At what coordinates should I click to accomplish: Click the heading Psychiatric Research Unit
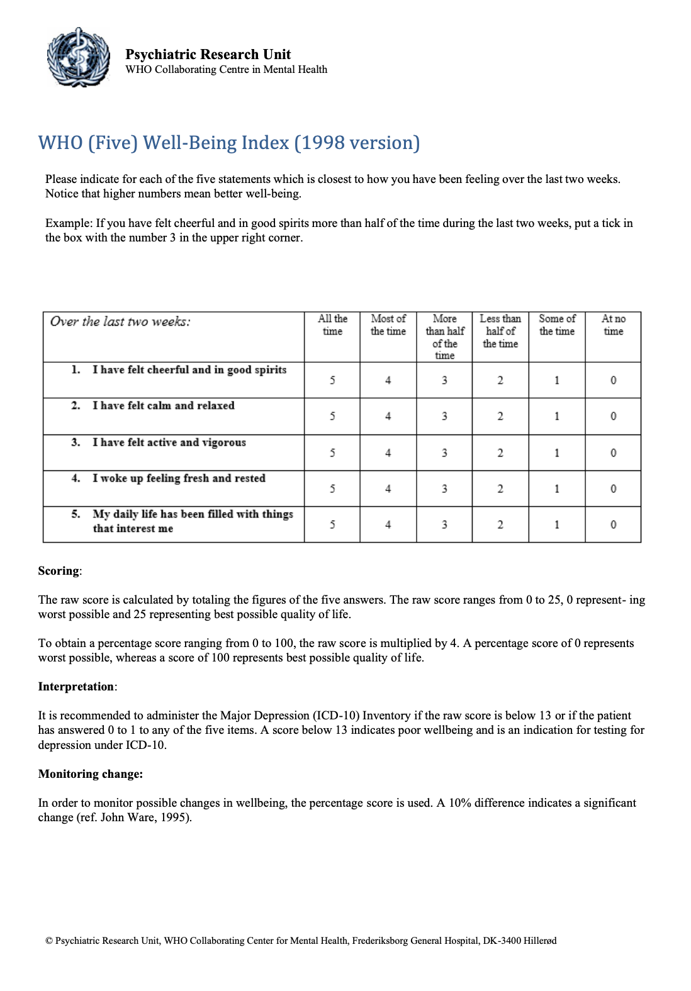pyautogui.click(x=208, y=54)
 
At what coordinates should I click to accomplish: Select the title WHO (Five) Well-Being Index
pyautogui.click(x=228, y=143)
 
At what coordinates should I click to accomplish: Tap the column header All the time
pyautogui.click(x=332, y=325)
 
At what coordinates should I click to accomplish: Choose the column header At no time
pyautogui.click(x=613, y=325)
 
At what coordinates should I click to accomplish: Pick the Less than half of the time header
pyautogui.click(x=500, y=331)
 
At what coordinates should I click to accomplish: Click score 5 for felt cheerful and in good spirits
pyautogui.click(x=332, y=380)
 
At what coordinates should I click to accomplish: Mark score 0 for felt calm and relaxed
pyautogui.click(x=613, y=416)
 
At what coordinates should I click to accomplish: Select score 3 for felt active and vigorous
pyautogui.click(x=444, y=453)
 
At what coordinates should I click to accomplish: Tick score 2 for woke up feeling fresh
pyautogui.click(x=500, y=489)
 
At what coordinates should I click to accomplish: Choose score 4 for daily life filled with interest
pyautogui.click(x=388, y=524)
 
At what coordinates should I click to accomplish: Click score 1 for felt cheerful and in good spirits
pyautogui.click(x=557, y=380)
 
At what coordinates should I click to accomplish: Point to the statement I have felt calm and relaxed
pyautogui.click(x=164, y=406)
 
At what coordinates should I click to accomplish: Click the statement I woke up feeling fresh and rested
pyautogui.click(x=179, y=479)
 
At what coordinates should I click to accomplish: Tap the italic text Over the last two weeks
pyautogui.click(x=120, y=322)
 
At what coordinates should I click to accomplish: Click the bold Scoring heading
pyautogui.click(x=59, y=571)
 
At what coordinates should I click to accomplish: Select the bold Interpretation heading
pyautogui.click(x=76, y=687)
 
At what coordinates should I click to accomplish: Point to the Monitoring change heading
pyautogui.click(x=90, y=774)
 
